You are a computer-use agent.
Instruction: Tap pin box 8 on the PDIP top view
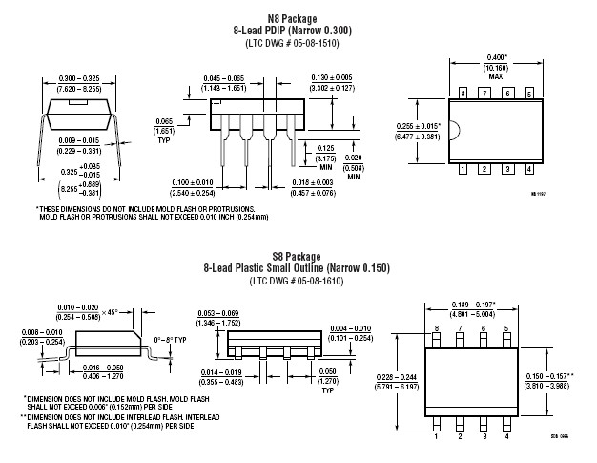[x=463, y=94]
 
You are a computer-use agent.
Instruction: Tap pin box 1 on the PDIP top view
[x=463, y=169]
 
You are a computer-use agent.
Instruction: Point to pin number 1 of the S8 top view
[x=437, y=436]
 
